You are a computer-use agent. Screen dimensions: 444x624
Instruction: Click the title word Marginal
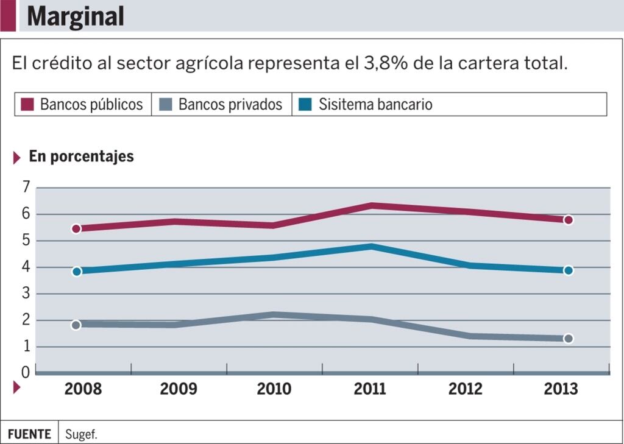pyautogui.click(x=76, y=16)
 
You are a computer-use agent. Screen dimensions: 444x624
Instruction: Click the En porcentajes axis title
pyautogui.click(x=81, y=157)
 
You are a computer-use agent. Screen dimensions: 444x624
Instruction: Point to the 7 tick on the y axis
pyautogui.click(x=26, y=188)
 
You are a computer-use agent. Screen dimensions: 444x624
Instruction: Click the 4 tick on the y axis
pyautogui.click(x=26, y=267)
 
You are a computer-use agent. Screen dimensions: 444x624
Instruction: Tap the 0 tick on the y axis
pyautogui.click(x=26, y=372)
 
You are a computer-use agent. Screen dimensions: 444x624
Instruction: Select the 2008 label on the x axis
pyautogui.click(x=83, y=389)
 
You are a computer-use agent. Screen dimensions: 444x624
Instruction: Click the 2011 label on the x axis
pyautogui.click(x=370, y=389)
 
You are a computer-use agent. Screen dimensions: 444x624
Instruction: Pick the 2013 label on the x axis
pyautogui.click(x=560, y=389)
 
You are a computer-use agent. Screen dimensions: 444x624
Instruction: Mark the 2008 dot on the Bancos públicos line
pyautogui.click(x=76, y=228)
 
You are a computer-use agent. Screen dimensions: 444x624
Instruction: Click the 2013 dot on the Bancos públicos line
pyautogui.click(x=568, y=220)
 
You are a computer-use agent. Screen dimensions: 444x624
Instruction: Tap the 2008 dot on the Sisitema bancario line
pyautogui.click(x=76, y=271)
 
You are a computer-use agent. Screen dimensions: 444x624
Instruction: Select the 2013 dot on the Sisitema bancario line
pyautogui.click(x=568, y=270)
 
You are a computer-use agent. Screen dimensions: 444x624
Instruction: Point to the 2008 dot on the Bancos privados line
pyautogui.click(x=76, y=325)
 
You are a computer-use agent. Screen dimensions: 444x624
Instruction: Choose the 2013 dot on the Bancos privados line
pyautogui.click(x=568, y=338)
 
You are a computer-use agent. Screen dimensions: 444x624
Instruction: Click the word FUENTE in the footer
pyautogui.click(x=29, y=434)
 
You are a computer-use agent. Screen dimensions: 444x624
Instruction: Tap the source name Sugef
pyautogui.click(x=81, y=434)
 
